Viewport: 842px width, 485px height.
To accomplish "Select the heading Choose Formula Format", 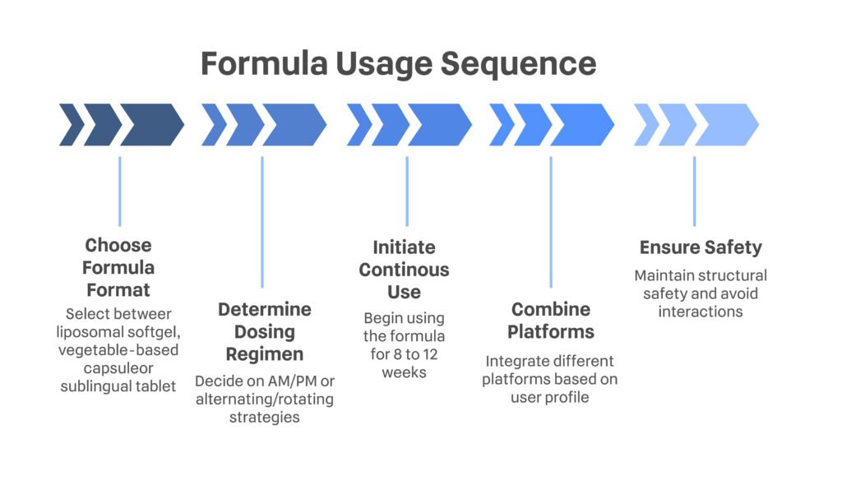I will [118, 267].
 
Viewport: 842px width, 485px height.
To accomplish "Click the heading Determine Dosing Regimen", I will [264, 331].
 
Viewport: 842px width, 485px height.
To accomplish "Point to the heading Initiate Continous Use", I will [405, 269].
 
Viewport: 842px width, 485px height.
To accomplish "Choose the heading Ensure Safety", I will [701, 247].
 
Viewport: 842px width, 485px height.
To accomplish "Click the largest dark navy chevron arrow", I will [151, 125].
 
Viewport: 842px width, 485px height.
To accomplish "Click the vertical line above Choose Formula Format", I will [119, 191].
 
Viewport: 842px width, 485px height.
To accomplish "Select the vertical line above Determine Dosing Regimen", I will [262, 222].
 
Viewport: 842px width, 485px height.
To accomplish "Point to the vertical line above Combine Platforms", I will [550, 222].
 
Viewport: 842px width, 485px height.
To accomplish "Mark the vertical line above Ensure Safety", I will [694, 191].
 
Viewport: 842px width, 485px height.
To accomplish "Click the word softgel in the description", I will [150, 331].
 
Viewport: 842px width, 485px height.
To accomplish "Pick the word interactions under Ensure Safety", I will [701, 312].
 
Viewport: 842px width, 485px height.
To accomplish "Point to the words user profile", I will [549, 398].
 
